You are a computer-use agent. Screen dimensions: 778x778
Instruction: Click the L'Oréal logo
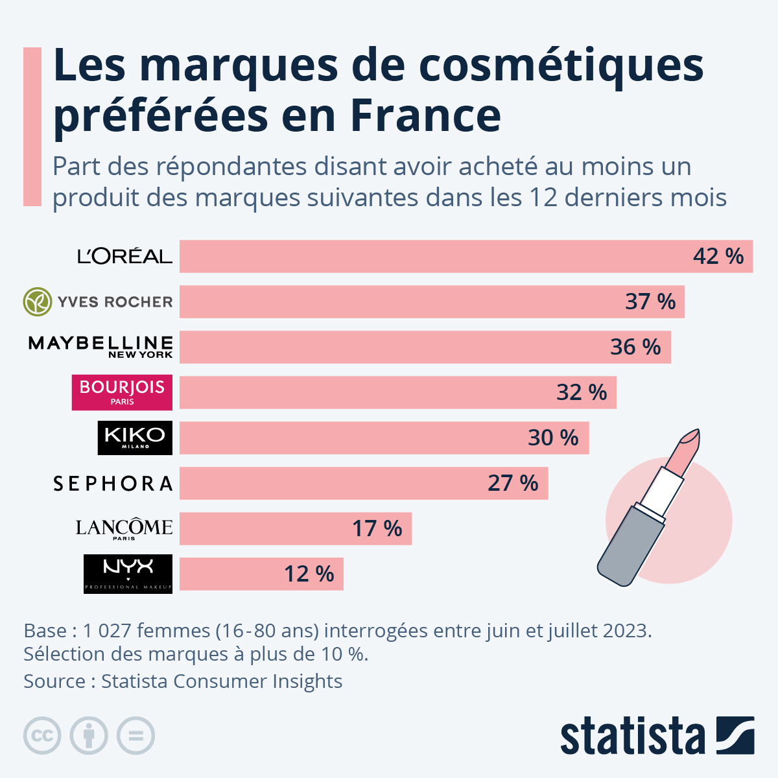point(124,256)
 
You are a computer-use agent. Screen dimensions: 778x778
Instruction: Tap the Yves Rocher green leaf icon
point(38,301)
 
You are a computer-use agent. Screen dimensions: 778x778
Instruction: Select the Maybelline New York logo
point(100,346)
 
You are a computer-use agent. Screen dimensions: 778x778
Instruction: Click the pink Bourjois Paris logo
point(122,392)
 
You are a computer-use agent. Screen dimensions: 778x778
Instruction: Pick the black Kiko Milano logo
point(135,438)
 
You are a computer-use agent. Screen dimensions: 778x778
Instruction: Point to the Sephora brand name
point(113,484)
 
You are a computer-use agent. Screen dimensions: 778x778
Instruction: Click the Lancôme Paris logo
point(124,528)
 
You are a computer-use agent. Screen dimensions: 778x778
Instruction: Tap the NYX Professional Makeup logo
point(128,574)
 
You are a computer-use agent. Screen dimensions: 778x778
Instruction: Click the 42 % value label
point(718,256)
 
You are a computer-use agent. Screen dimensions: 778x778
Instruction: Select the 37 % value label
point(650,301)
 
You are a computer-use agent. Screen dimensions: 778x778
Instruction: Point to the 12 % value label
point(309,574)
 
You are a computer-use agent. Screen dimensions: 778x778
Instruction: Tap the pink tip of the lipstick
point(687,447)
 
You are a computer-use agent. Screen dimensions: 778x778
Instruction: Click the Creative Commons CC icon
point(42,736)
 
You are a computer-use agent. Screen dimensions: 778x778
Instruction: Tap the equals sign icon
point(136,736)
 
